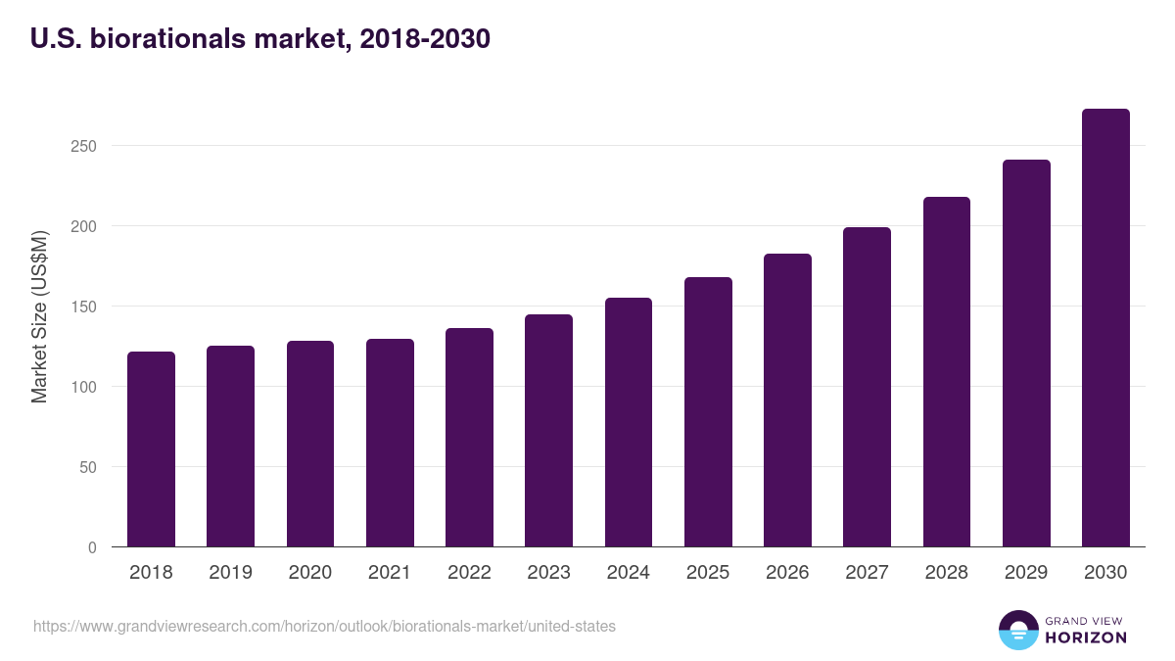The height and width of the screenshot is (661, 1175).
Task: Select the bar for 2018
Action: tap(151, 449)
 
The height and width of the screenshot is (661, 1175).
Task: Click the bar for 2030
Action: tap(1105, 328)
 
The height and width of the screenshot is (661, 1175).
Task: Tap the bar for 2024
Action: tap(629, 422)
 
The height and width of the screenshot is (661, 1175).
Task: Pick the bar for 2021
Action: tap(390, 443)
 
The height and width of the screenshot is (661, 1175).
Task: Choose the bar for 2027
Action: tap(867, 387)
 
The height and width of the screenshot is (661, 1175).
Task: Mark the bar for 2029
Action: tap(1026, 354)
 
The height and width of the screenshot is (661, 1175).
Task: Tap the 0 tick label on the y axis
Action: tap(92, 547)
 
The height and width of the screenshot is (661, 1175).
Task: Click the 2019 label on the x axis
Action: tap(230, 573)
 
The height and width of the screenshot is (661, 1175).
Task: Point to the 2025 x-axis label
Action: tap(708, 573)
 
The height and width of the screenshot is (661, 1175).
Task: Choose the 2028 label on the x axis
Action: tap(947, 573)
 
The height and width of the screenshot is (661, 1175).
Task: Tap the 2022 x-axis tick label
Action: tap(469, 573)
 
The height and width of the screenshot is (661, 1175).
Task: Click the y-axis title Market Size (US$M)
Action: tap(40, 316)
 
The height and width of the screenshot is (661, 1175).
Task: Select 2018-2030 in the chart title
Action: tap(425, 39)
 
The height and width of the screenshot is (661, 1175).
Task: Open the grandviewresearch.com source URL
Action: tap(324, 626)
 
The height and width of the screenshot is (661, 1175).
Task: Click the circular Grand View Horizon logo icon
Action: tap(1017, 630)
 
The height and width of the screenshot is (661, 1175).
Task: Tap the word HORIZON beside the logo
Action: tap(1087, 637)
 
